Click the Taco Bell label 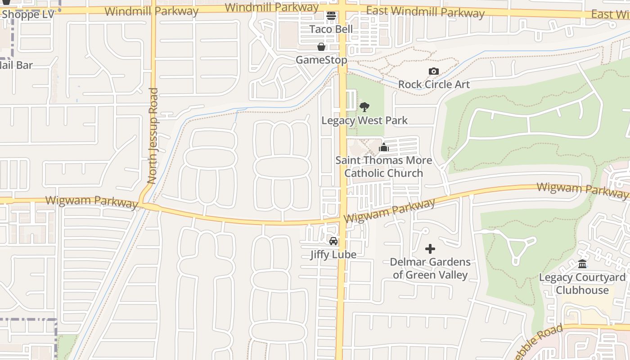tap(331, 29)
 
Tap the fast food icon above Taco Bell tap(331, 16)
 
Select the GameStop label tap(321, 60)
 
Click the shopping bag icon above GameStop tap(321, 47)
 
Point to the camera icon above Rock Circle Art tap(434, 71)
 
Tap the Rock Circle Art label tap(434, 84)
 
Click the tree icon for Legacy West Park tap(364, 107)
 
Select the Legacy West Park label tap(364, 121)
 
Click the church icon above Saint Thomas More tap(383, 147)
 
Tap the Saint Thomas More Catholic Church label tap(383, 166)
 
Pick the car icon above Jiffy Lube tap(333, 241)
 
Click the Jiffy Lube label tap(333, 254)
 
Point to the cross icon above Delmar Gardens tap(430, 248)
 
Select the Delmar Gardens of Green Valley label tap(430, 268)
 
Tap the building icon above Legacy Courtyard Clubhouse tap(582, 264)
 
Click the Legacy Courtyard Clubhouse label tap(582, 283)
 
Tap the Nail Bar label tap(17, 65)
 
